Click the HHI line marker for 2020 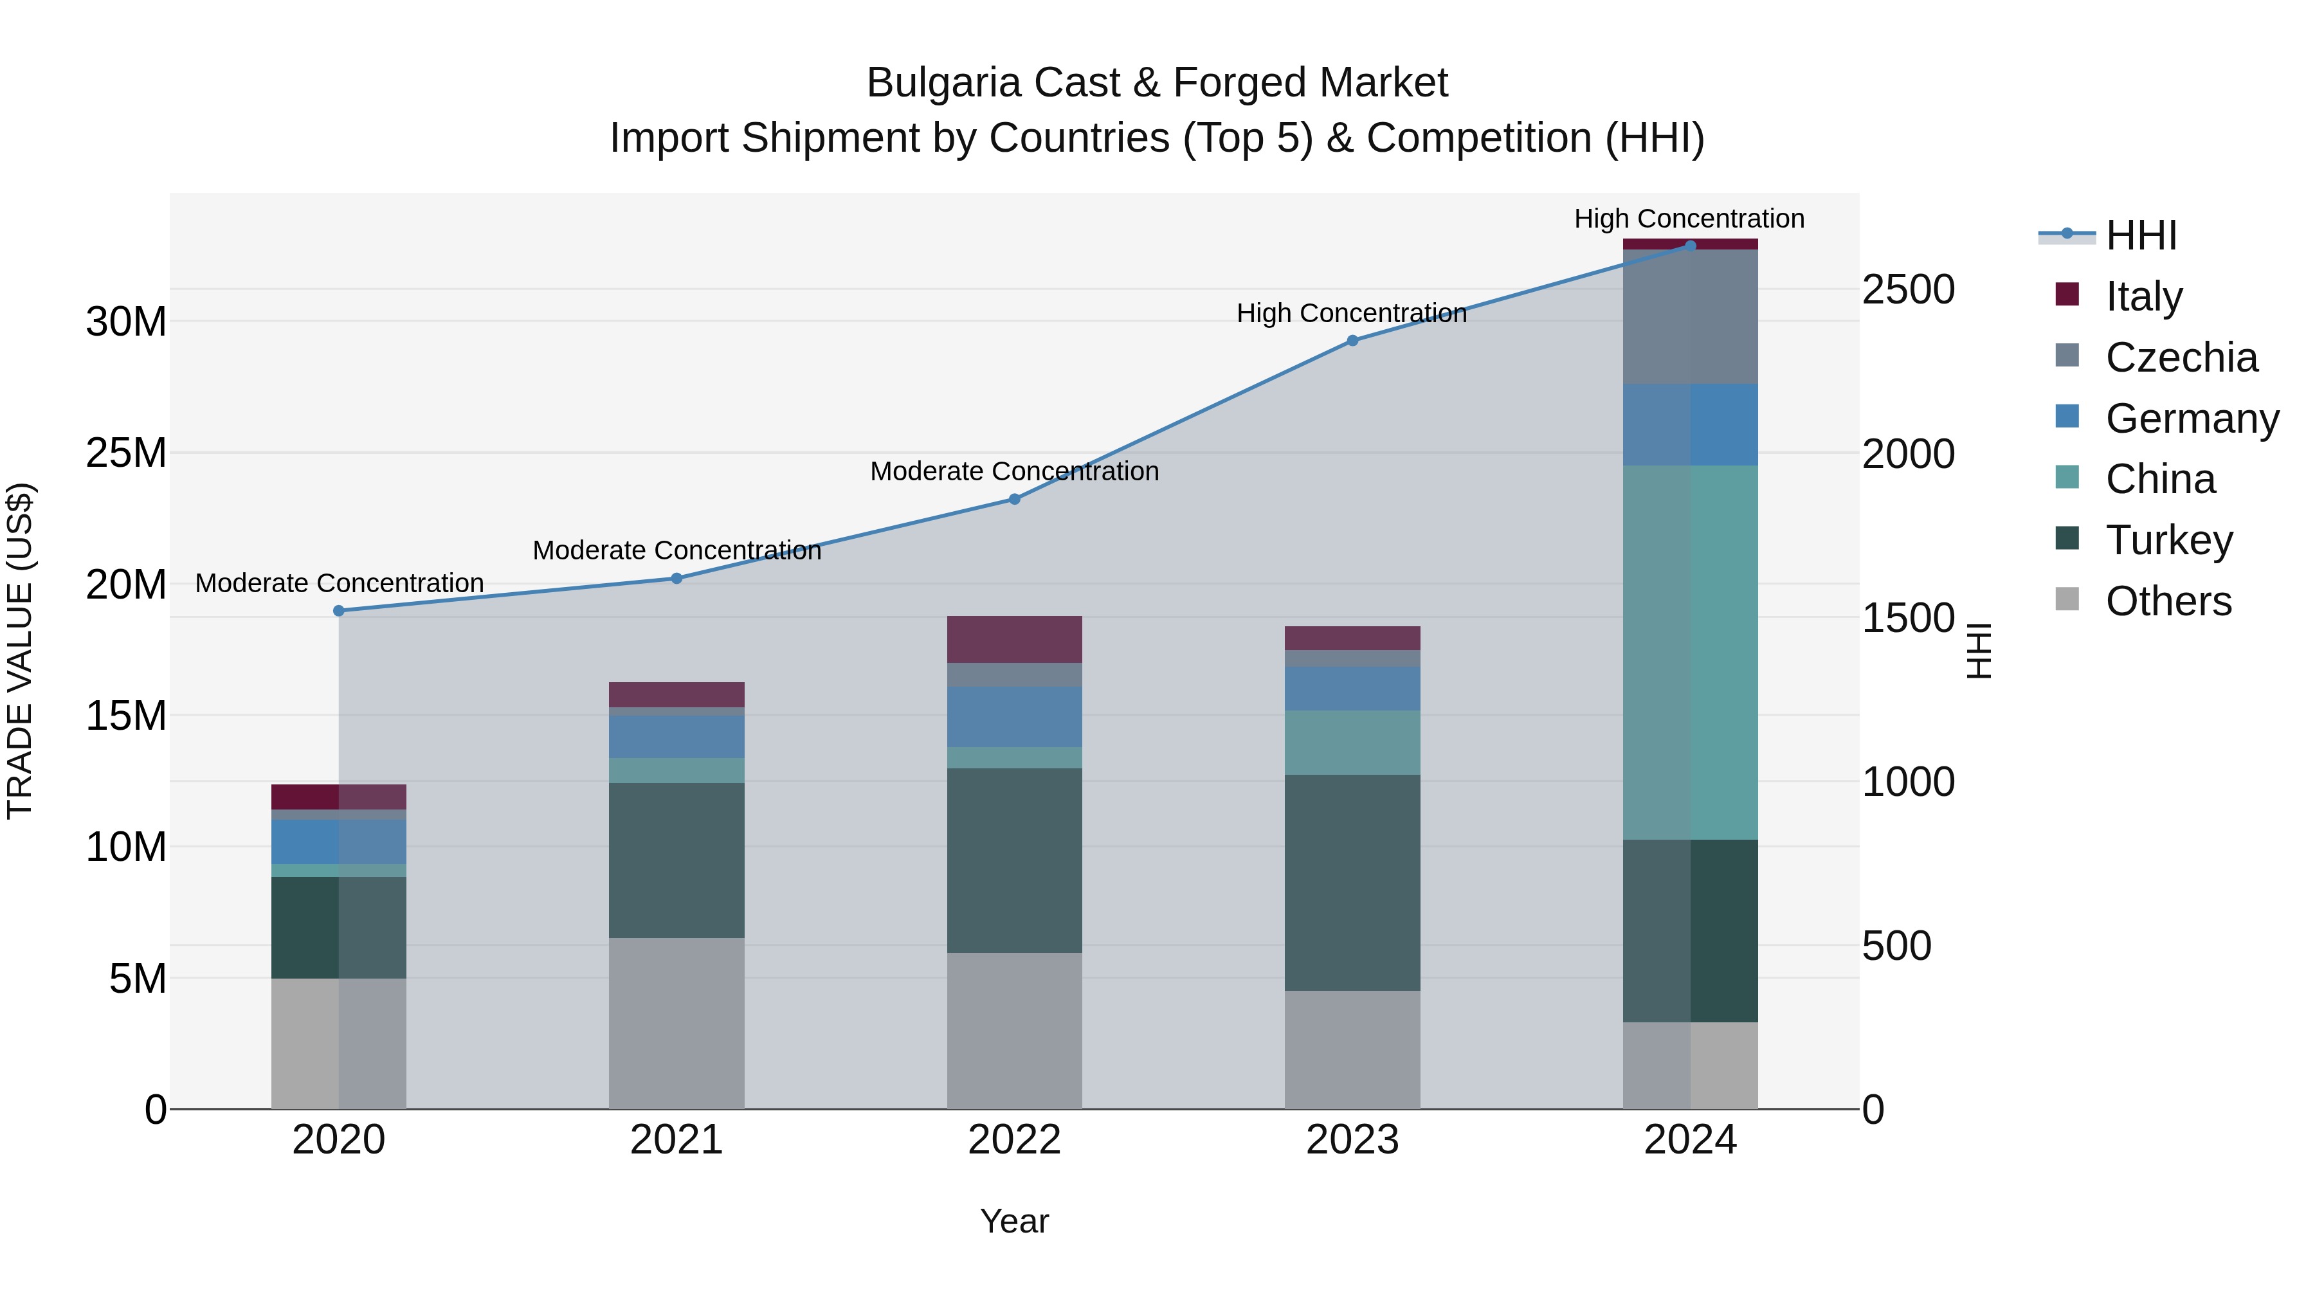(x=339, y=611)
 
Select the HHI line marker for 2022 (x=1015, y=500)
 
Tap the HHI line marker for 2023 (x=1352, y=341)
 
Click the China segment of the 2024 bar (x=1691, y=653)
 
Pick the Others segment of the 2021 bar (x=676, y=1024)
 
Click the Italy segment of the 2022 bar (x=1015, y=640)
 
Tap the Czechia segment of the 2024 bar (x=1691, y=317)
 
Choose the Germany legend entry (x=2191, y=419)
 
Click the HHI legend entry (x=2141, y=235)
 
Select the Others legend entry (x=2168, y=601)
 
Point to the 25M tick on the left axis (x=126, y=453)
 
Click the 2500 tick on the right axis (x=1908, y=290)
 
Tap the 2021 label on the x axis (x=676, y=1140)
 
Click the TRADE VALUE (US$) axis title (x=20, y=651)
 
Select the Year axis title (x=1015, y=1221)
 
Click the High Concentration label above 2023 (x=1352, y=314)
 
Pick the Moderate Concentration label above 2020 (x=340, y=583)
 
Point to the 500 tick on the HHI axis (x=1896, y=946)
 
